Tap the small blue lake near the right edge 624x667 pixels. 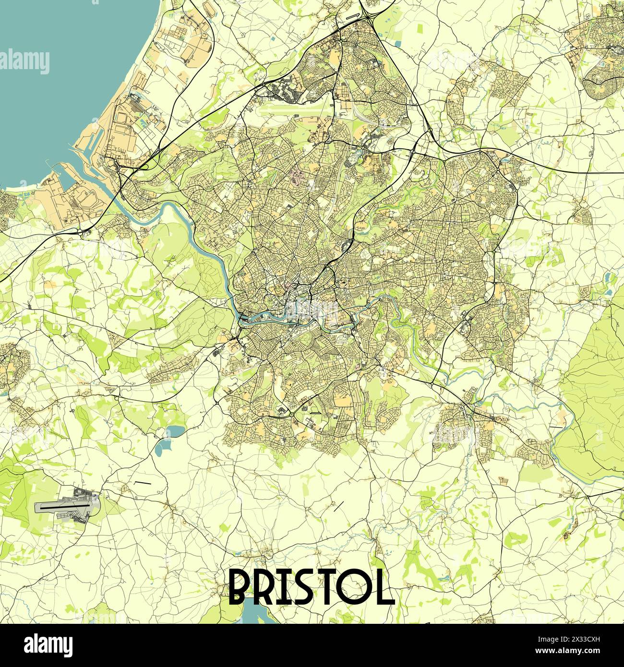click(609, 277)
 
